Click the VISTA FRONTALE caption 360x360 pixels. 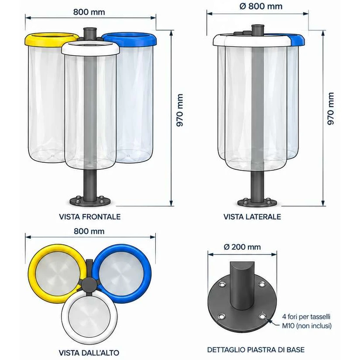90,217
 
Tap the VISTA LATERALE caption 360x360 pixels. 252,217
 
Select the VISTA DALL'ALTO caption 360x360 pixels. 89,353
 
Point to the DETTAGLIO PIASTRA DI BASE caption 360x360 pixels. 256,350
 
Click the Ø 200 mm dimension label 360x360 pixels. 242,247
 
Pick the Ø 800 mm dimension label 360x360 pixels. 261,6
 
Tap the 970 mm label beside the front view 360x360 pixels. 180,110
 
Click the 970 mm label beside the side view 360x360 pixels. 331,109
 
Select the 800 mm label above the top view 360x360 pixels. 89,231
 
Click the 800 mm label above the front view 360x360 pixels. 89,12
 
